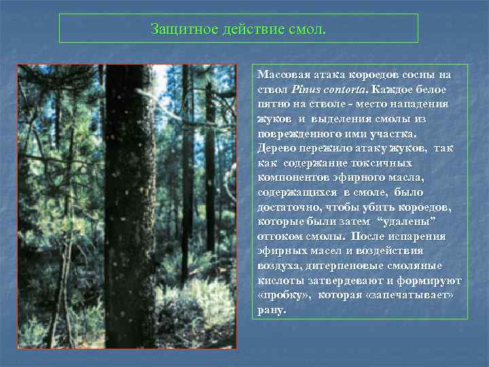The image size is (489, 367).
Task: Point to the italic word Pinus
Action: (x=305, y=89)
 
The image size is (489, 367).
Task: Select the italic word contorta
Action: (x=344, y=89)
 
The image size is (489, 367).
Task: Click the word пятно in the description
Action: (x=273, y=103)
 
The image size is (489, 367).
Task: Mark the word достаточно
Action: (x=286, y=207)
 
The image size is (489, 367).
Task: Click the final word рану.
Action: (x=272, y=311)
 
